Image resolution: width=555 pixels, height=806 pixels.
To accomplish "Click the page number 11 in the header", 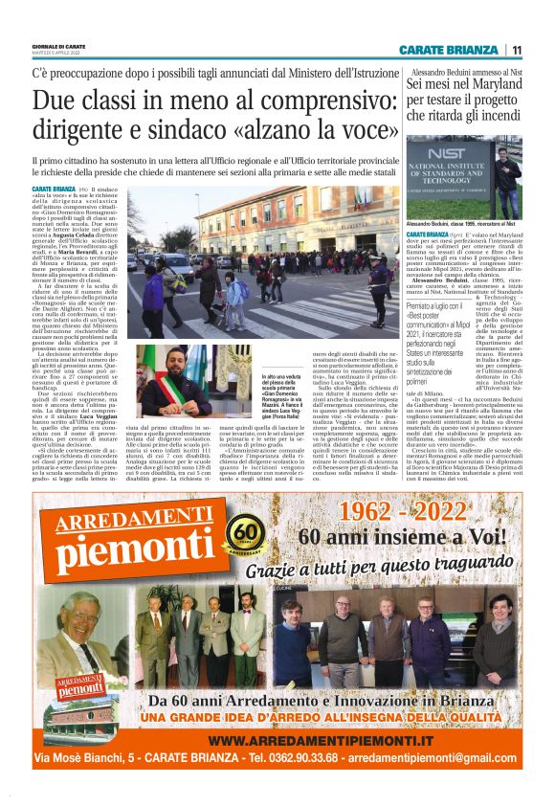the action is click(516, 49).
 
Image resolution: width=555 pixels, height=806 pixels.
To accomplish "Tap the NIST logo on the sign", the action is click(449, 155).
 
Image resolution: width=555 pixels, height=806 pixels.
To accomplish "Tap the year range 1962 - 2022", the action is click(387, 511).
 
